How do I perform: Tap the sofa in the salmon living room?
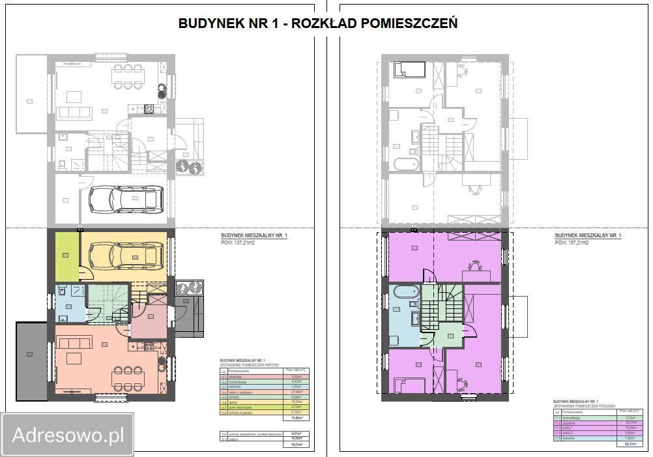[x=75, y=343]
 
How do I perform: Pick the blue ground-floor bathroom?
[x=68, y=306]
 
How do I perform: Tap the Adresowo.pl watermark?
[x=68, y=434]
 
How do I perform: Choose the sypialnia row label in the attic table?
[x=570, y=422]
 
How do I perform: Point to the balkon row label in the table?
[x=234, y=438]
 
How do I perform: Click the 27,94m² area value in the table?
[x=297, y=392]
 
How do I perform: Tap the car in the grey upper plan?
[x=126, y=199]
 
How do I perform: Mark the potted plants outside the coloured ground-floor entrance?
[x=189, y=288]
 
